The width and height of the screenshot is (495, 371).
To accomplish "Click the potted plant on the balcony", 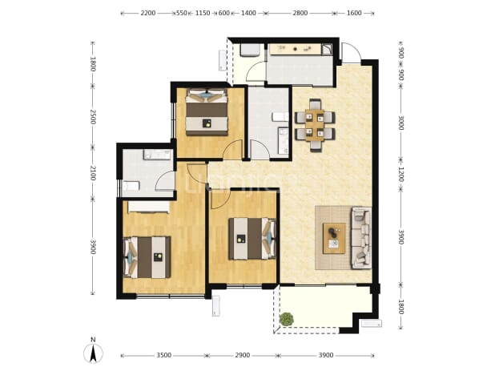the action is pyautogui.click(x=287, y=319).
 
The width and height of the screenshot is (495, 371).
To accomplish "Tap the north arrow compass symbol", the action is pyautogui.click(x=93, y=353).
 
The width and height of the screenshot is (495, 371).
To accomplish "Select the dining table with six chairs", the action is pyautogui.click(x=315, y=125).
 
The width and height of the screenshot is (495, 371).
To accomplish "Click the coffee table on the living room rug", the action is pyautogui.click(x=334, y=238).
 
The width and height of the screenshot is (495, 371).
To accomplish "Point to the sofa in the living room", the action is pyautogui.click(x=361, y=238).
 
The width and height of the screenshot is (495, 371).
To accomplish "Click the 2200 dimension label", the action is pyautogui.click(x=148, y=13).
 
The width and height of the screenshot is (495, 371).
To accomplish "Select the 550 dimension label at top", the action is pyautogui.click(x=182, y=13).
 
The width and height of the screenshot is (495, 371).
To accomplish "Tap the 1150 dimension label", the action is pyautogui.click(x=203, y=13).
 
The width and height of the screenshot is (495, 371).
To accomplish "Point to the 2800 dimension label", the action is pyautogui.click(x=300, y=13).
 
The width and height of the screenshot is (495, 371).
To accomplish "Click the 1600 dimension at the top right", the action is pyautogui.click(x=354, y=13).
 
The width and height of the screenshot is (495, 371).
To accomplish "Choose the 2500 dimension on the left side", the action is pyautogui.click(x=93, y=117).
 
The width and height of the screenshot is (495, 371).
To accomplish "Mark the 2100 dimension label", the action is pyautogui.click(x=93, y=173).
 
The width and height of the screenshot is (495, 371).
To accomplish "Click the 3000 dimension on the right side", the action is pyautogui.click(x=401, y=123).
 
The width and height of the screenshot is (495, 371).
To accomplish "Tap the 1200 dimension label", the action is pyautogui.click(x=401, y=174).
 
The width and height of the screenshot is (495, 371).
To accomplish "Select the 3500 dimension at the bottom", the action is pyautogui.click(x=164, y=355).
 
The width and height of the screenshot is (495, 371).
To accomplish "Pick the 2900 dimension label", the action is pyautogui.click(x=243, y=355).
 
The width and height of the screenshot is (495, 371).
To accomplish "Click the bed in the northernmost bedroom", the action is pyautogui.click(x=207, y=112).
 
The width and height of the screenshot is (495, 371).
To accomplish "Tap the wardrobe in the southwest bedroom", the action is pyautogui.click(x=148, y=208).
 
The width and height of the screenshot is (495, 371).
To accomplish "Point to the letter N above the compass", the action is pyautogui.click(x=93, y=340).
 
